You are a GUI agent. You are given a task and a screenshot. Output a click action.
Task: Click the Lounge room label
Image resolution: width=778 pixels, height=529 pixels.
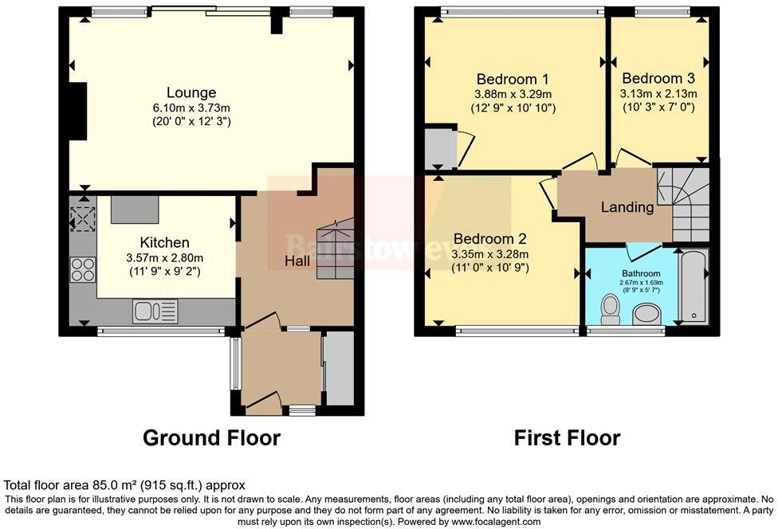[191, 93]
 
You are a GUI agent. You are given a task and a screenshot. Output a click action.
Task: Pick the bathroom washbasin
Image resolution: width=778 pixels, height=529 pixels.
[646, 317]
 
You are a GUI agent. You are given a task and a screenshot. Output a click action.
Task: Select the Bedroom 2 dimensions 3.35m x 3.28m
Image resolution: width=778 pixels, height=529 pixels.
[489, 254]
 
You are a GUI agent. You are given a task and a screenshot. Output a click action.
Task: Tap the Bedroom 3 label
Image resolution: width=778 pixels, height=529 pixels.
[658, 78]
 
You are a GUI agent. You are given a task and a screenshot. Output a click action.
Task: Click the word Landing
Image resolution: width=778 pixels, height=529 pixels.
[627, 207]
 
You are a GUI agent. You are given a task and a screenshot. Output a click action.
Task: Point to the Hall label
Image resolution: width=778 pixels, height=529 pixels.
[297, 261]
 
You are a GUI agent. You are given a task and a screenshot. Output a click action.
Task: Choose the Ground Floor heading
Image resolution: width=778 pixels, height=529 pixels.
[211, 437]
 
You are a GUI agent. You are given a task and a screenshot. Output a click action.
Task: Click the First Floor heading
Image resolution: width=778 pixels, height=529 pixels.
[567, 437]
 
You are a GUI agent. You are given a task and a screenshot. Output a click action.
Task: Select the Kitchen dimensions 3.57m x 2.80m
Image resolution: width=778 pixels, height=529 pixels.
[165, 257]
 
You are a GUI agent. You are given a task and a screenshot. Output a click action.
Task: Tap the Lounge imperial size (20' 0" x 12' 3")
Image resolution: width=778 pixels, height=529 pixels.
[191, 122]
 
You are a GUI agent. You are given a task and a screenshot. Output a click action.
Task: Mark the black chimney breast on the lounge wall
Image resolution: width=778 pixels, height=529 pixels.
[77, 112]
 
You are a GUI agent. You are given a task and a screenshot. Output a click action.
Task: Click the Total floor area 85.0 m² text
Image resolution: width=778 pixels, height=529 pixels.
[125, 484]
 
